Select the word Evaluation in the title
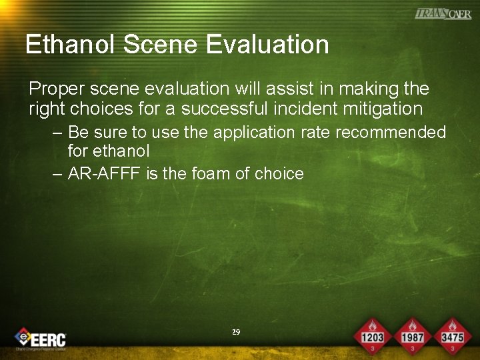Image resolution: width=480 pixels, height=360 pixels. [x=267, y=45]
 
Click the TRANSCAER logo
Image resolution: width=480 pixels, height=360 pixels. [x=443, y=13]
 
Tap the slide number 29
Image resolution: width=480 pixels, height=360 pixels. [x=235, y=331]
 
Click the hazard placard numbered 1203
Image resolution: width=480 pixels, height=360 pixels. [x=372, y=333]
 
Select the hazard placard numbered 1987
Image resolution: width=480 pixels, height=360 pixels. [x=413, y=333]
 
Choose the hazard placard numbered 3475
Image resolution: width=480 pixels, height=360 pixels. [x=452, y=333]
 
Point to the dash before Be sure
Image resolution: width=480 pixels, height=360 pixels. [x=58, y=133]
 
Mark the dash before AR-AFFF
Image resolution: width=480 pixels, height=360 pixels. [x=58, y=175]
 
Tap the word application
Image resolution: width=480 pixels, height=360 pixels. [x=256, y=132]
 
